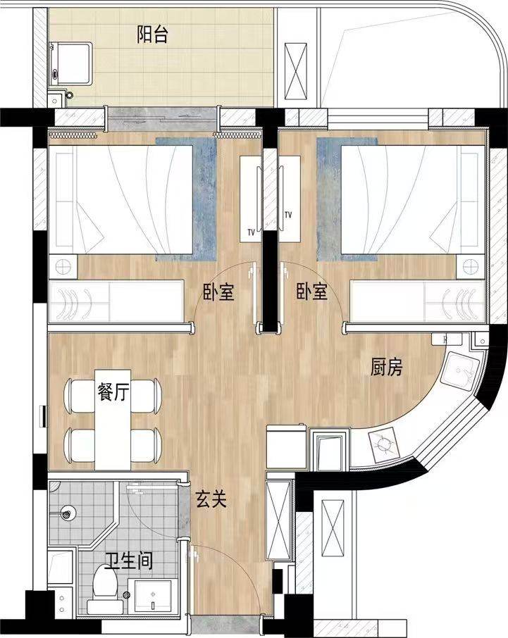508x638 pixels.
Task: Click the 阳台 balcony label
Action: (151, 35)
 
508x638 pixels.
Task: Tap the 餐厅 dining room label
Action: (113, 392)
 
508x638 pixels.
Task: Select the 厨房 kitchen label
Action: (386, 368)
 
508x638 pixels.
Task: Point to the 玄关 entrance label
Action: (211, 499)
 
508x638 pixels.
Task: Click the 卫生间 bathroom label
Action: (129, 561)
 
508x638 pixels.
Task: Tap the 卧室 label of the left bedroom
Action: (218, 292)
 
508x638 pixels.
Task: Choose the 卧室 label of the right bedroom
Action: (312, 292)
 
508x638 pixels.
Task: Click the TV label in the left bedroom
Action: (251, 233)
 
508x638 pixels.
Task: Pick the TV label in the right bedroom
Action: (288, 214)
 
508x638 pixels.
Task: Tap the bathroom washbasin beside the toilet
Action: (153, 595)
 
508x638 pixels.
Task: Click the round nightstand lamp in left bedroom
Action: (63, 268)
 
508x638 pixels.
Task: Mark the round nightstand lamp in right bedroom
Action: (471, 268)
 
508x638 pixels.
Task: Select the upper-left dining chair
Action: (80, 396)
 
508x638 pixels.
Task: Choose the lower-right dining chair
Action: (146, 445)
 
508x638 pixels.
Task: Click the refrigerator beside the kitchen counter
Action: (287, 446)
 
